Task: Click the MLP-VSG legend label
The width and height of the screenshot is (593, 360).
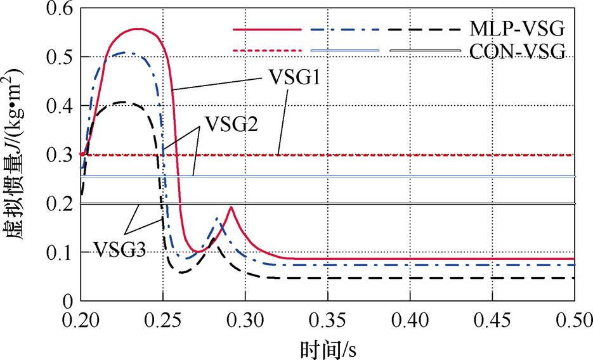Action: pyautogui.click(x=518, y=29)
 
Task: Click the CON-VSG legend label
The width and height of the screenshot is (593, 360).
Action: pyautogui.click(x=518, y=51)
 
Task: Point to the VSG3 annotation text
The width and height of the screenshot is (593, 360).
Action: pyautogui.click(x=121, y=248)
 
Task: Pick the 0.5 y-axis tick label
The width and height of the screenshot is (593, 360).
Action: pyautogui.click(x=58, y=58)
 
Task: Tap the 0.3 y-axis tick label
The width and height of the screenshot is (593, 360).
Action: pyautogui.click(x=58, y=155)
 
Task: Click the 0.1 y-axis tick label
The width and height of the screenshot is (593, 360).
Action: pyautogui.click(x=58, y=252)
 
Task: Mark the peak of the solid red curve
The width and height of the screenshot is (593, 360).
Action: pyautogui.click(x=138, y=29)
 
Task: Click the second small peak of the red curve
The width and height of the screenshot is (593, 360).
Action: pyautogui.click(x=231, y=207)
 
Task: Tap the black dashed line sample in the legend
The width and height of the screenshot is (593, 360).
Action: pyautogui.click(x=422, y=29)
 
